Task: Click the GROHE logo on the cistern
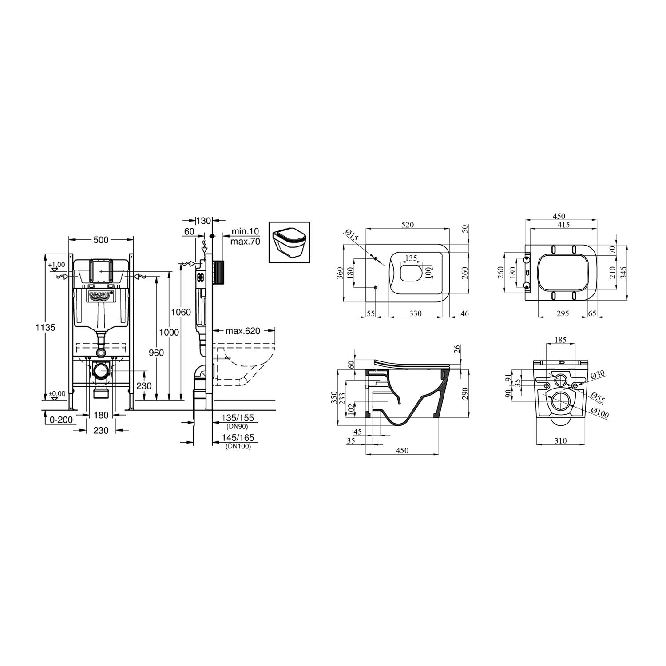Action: click(x=102, y=296)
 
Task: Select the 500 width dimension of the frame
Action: click(x=101, y=240)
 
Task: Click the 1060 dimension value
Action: click(x=182, y=313)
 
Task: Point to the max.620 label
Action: click(x=242, y=331)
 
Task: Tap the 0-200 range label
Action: click(x=61, y=420)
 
